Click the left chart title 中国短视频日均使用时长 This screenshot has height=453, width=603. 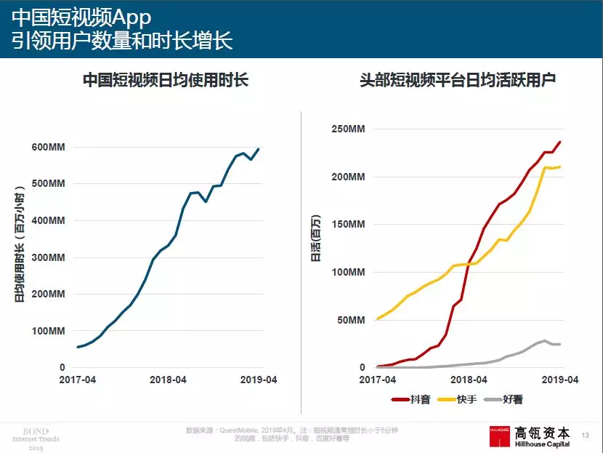[x=166, y=80]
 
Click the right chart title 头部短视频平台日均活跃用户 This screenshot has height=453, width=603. [x=458, y=80]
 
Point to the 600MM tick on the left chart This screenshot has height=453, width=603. [x=49, y=147]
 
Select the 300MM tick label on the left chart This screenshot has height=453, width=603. [x=49, y=257]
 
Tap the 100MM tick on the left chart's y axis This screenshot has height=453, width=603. [x=49, y=331]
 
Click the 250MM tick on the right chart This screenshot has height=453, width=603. [x=347, y=129]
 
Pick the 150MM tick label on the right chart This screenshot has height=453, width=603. [x=347, y=224]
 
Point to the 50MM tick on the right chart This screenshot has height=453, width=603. [x=350, y=320]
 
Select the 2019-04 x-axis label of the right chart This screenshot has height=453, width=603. [x=560, y=380]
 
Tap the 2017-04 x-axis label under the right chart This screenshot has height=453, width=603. [x=378, y=380]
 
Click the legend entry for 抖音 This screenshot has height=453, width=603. [x=410, y=399]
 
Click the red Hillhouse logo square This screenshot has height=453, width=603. [x=499, y=434]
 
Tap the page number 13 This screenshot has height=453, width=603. [x=586, y=435]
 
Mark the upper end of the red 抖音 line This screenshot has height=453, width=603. [x=560, y=142]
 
